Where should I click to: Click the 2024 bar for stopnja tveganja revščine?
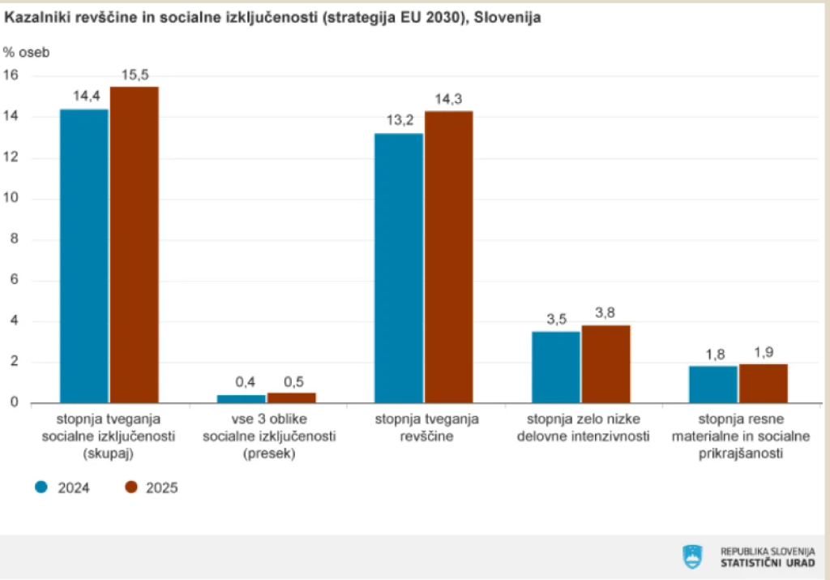pyautogui.click(x=398, y=268)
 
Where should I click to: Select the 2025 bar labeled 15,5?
pyautogui.click(x=135, y=244)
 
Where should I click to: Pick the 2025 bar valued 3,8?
pyautogui.click(x=605, y=364)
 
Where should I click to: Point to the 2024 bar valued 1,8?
pyautogui.click(x=713, y=385)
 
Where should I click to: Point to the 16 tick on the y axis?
pyautogui.click(x=11, y=75)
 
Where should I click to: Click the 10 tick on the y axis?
pyautogui.click(x=11, y=199)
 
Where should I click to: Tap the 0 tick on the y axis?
pyautogui.click(x=14, y=403)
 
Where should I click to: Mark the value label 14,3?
pyautogui.click(x=448, y=99)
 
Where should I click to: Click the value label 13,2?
pyautogui.click(x=398, y=121)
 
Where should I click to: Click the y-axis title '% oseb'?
pyautogui.click(x=26, y=53)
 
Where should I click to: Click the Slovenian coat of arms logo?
pyautogui.click(x=691, y=556)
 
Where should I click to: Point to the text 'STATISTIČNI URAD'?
pyautogui.click(x=768, y=562)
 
